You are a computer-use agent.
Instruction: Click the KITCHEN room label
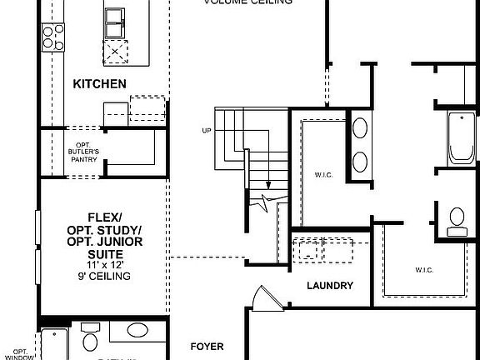click(99, 83)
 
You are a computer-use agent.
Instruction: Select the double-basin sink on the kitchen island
click(116, 25)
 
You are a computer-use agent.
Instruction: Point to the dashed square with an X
click(115, 52)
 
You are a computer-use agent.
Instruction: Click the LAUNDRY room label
click(329, 286)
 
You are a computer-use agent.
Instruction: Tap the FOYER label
click(207, 345)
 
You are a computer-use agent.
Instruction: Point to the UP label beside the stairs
click(207, 131)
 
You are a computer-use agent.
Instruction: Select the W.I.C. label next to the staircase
click(324, 174)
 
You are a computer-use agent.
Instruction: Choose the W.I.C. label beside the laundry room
click(423, 269)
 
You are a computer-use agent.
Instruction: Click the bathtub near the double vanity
click(461, 138)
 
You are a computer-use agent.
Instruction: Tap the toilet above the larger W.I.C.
click(457, 220)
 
